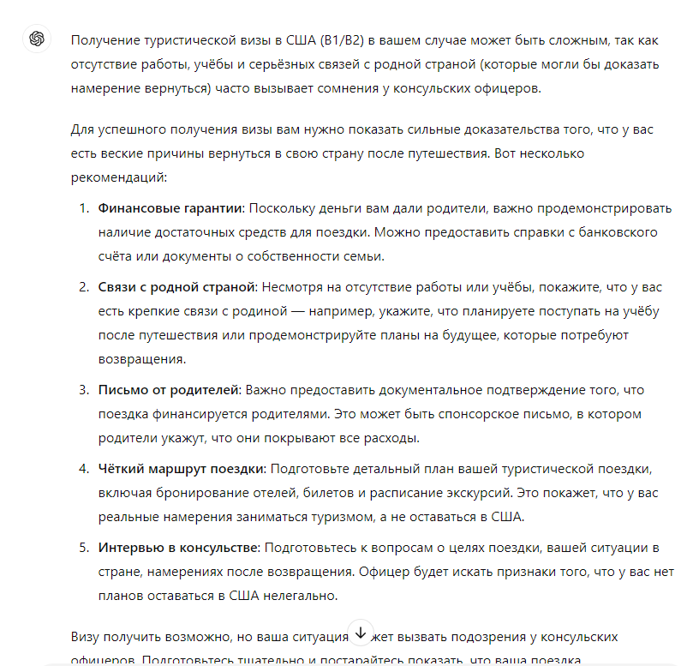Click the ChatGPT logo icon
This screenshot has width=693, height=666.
click(x=36, y=39)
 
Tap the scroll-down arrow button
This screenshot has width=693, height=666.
click(x=360, y=632)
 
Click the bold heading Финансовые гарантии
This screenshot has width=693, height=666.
click(x=171, y=208)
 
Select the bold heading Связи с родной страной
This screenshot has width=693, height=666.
click(x=177, y=286)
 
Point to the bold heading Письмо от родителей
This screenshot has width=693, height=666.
click(x=169, y=390)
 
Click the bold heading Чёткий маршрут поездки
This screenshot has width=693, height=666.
click(x=182, y=469)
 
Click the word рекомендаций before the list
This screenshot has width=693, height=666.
click(x=122, y=177)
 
